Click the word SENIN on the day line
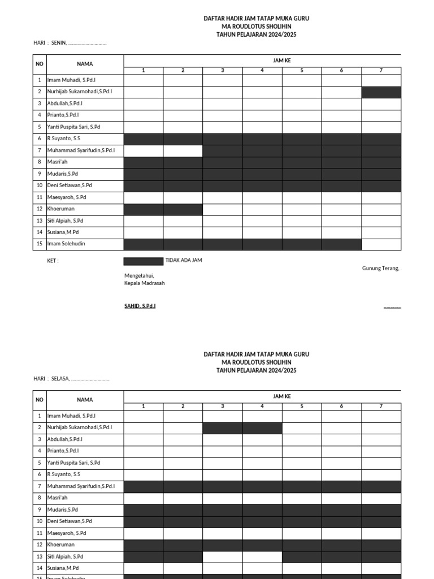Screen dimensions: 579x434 (59, 43)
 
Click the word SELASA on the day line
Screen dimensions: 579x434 (60, 379)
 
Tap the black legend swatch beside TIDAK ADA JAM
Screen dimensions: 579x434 (144, 261)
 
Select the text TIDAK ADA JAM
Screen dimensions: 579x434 (184, 260)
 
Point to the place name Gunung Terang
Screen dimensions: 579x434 (380, 268)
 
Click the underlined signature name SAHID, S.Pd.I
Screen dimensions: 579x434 (140, 306)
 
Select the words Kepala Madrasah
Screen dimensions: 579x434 (145, 283)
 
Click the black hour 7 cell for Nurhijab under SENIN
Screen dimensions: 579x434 (381, 92)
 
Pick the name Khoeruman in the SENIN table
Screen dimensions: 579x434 (62, 209)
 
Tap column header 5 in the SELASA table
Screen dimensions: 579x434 (302, 406)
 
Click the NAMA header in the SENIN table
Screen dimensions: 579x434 (85, 64)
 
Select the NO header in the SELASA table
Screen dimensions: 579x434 (40, 400)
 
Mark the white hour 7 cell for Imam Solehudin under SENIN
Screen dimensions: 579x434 (381, 244)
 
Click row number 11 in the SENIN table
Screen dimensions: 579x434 (40, 197)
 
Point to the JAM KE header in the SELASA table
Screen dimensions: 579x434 (282, 396)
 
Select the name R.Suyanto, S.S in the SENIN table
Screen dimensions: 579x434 (64, 139)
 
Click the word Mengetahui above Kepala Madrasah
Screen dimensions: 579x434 (139, 275)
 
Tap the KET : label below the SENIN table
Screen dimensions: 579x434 (53, 261)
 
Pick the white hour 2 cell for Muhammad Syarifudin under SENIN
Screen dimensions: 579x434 (183, 150)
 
